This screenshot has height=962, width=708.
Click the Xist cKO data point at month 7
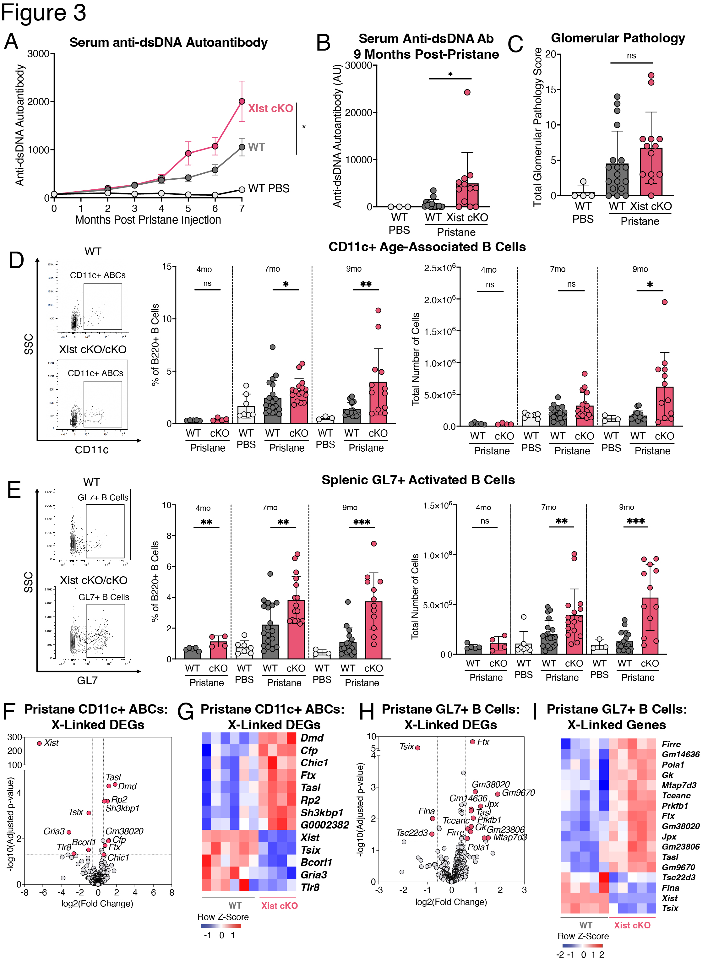coord(242,101)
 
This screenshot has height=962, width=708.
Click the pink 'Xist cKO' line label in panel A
coord(270,108)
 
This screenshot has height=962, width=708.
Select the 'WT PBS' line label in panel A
coord(269,188)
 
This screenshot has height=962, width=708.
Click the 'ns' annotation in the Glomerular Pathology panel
coord(631,56)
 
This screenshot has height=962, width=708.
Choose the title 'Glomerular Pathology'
coord(618,38)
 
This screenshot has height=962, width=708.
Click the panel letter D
coord(16,260)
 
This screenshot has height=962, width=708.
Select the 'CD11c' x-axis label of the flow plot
coord(92,449)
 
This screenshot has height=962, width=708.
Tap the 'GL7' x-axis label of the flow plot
coord(87,680)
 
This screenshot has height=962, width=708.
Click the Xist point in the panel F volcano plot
coord(40,743)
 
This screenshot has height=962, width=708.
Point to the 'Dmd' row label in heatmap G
coord(312,738)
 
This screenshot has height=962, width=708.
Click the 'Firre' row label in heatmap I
coord(671,744)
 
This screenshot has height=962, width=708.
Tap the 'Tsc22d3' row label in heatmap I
coord(678,877)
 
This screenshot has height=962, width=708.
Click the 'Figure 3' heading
coord(43,13)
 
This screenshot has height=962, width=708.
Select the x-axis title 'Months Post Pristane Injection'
coord(148,220)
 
